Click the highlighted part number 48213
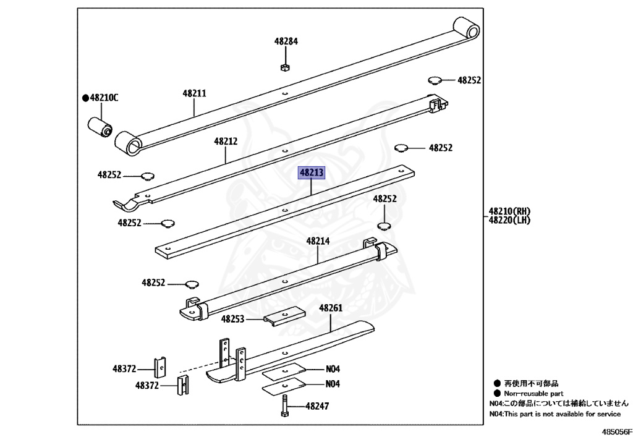(312, 174)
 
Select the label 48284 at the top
(286, 41)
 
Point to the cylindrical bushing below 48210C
(100, 126)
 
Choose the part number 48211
(194, 93)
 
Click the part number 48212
(226, 141)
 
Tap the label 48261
(331, 308)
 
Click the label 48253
(233, 319)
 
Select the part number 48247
(316, 407)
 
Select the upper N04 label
(333, 369)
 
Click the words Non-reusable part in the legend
(533, 393)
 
